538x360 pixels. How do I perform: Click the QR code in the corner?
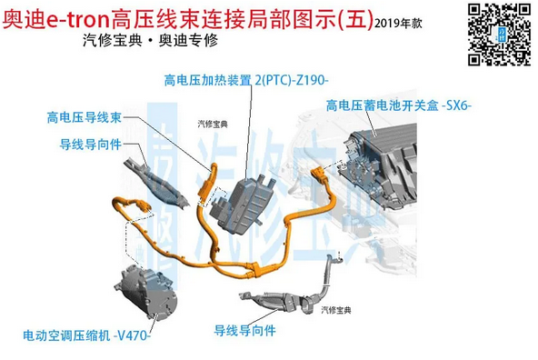pyautogui.click(x=499, y=34)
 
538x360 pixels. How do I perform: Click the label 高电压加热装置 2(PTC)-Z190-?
pyautogui.click(x=246, y=80)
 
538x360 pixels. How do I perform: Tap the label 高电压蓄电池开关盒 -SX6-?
pyautogui.click(x=399, y=105)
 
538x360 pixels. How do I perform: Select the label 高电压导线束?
pyautogui.click(x=85, y=117)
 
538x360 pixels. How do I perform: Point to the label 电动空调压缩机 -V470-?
pyautogui.click(x=87, y=335)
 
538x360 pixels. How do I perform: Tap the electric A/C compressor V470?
pyautogui.click(x=145, y=293)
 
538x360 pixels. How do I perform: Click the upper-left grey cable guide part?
pyautogui.click(x=156, y=182)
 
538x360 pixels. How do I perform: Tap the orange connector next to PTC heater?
pyautogui.click(x=207, y=183)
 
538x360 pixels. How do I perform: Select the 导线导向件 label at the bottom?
pyautogui.click(x=245, y=331)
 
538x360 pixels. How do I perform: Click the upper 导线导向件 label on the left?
pyautogui.click(x=91, y=145)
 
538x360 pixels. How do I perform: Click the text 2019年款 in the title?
pyautogui.click(x=398, y=24)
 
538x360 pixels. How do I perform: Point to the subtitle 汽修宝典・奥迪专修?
pyautogui.click(x=150, y=41)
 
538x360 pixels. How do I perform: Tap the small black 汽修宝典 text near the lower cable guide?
pyautogui.click(x=336, y=310)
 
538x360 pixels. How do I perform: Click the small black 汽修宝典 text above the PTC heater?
pyautogui.click(x=213, y=124)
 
